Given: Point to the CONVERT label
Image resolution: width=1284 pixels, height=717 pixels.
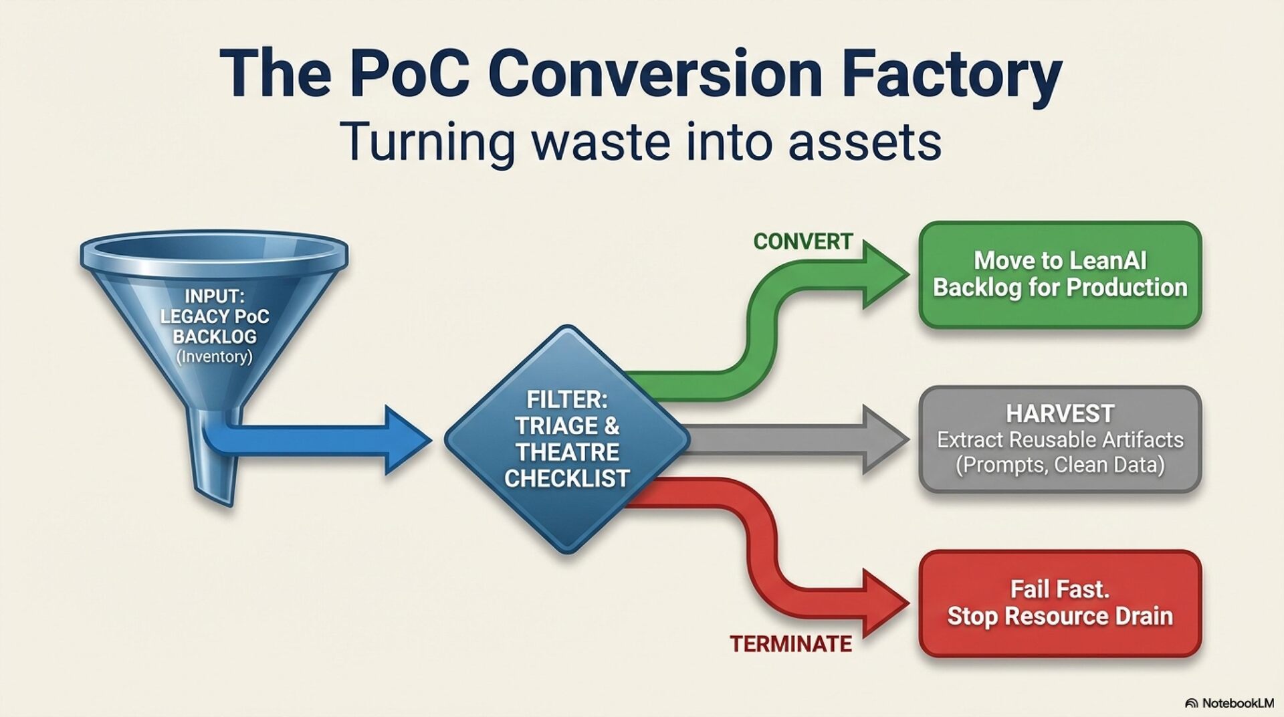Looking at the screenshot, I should click(x=802, y=241).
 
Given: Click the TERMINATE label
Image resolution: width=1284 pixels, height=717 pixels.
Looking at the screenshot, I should click(x=790, y=643).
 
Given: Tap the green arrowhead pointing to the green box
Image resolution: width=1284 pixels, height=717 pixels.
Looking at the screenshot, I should click(x=883, y=274).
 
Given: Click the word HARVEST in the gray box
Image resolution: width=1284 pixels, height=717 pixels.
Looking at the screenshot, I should click(x=1060, y=413).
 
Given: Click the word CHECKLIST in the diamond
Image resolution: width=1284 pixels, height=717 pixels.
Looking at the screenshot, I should click(x=567, y=479).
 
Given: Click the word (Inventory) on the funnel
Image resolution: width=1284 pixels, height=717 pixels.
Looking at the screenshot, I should click(x=215, y=356).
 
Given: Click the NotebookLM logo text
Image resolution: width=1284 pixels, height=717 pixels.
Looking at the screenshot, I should click(x=1237, y=703).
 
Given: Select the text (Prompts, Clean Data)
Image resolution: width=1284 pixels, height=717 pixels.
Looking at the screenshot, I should click(x=1060, y=465).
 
